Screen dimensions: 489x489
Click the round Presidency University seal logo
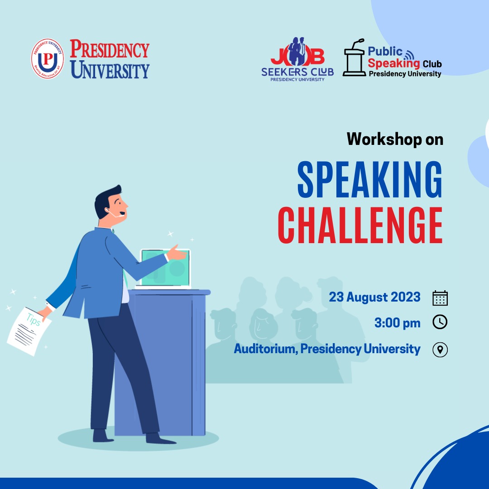point(48,59)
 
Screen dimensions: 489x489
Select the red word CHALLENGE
point(360,225)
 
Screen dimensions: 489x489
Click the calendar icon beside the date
point(440,298)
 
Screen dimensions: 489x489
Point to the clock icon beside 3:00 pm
point(440,322)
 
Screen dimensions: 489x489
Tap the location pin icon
point(440,350)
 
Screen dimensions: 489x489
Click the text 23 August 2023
point(374,297)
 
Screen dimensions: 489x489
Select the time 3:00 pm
point(397,323)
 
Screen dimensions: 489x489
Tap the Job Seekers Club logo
point(297,59)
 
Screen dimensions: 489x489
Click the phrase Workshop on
point(395,139)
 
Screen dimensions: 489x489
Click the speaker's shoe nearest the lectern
point(158,438)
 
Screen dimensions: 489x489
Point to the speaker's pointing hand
point(178,254)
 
